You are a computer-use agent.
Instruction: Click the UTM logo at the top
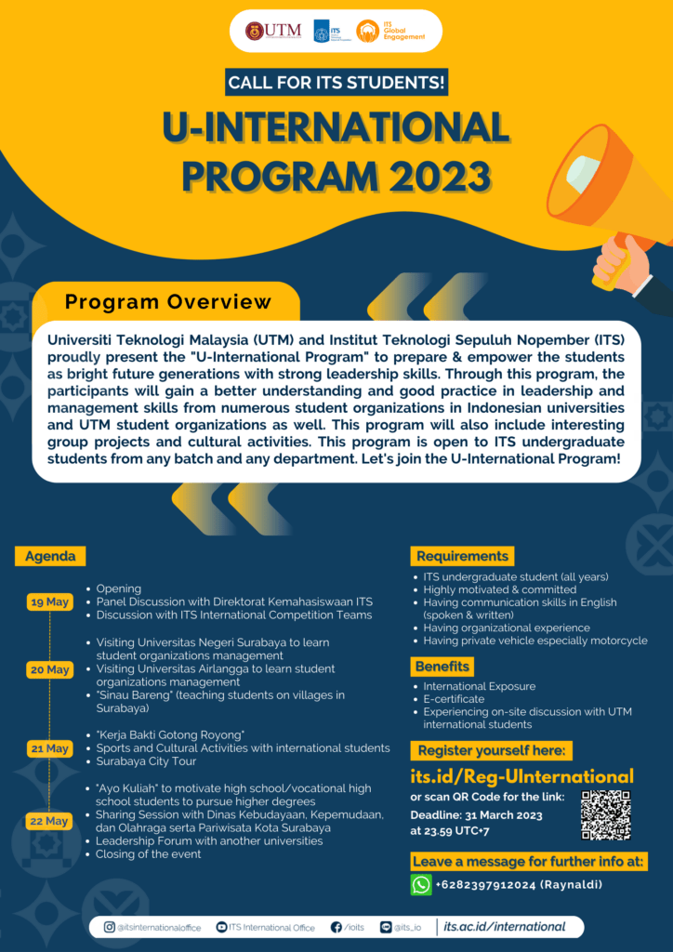click(x=273, y=31)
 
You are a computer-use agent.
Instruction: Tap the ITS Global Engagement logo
click(x=391, y=31)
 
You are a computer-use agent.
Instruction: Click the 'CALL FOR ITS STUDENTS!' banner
click(x=336, y=83)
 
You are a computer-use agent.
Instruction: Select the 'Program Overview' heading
click(x=168, y=302)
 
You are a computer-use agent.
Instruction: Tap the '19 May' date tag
click(x=50, y=602)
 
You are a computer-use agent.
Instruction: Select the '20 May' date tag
click(x=50, y=669)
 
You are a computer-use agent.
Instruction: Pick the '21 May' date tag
click(x=50, y=748)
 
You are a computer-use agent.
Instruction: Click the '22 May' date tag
click(x=50, y=821)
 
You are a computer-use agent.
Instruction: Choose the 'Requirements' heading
click(x=462, y=556)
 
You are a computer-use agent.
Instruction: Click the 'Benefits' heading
click(x=442, y=667)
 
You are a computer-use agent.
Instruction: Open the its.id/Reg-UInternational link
click(x=521, y=776)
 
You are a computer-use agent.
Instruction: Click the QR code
click(x=605, y=815)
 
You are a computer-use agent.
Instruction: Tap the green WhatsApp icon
click(x=421, y=884)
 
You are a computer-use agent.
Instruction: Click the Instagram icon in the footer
click(x=109, y=927)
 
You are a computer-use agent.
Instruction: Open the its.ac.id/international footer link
click(x=504, y=927)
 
